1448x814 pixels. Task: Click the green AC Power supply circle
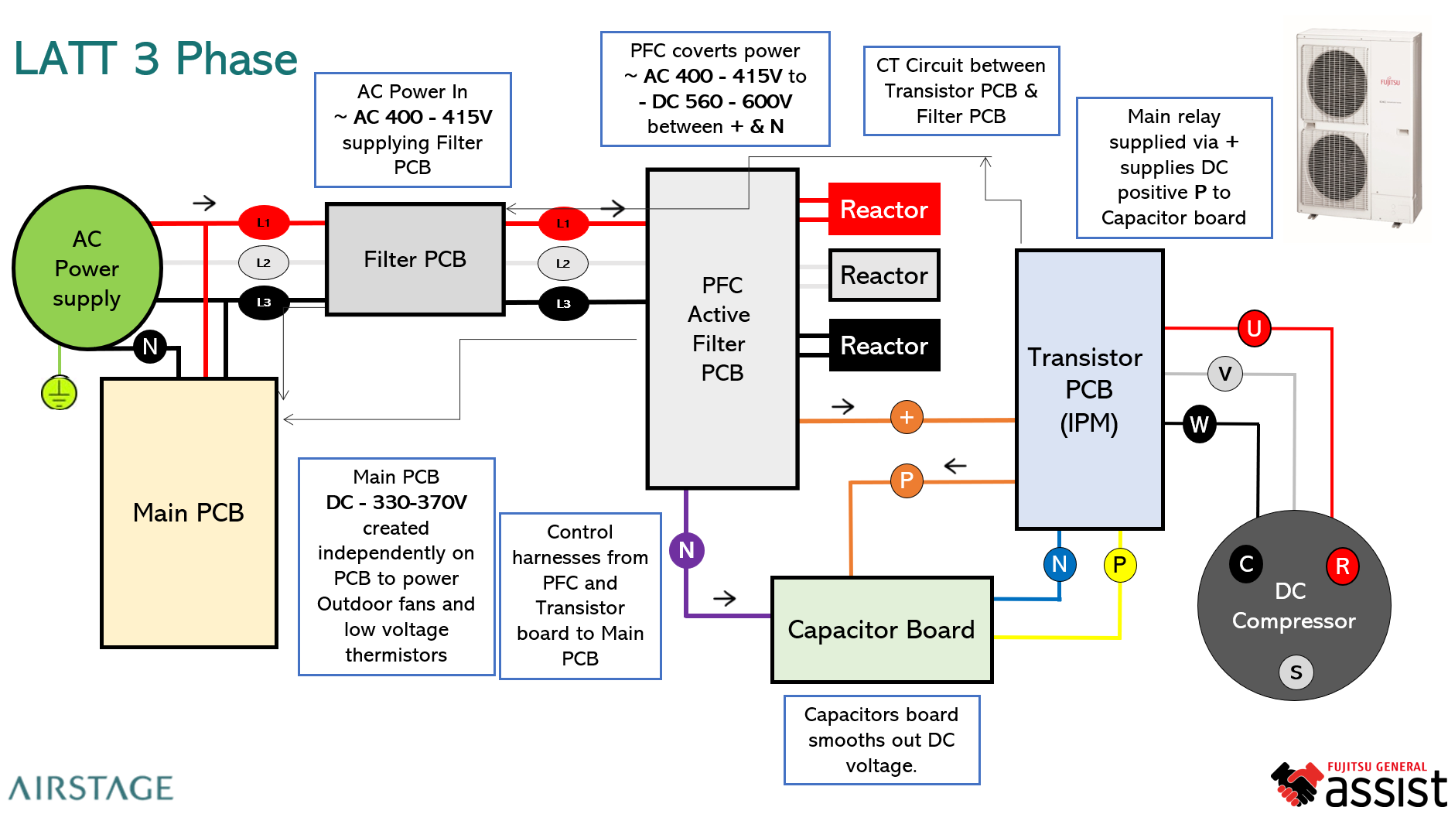coord(87,268)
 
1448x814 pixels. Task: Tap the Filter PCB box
coord(415,259)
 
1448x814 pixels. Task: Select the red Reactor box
coord(884,209)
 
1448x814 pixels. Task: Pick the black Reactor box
coord(884,345)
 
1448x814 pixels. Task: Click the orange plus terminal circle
coord(907,417)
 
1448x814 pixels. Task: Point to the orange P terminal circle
coord(907,481)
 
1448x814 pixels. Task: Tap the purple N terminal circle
coord(686,550)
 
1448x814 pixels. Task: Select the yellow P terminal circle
coord(1119,565)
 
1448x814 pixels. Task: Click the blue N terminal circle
coord(1059,564)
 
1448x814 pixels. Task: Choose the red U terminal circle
coord(1254,329)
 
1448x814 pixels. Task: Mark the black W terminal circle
coord(1199,424)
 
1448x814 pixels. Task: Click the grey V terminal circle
coord(1224,374)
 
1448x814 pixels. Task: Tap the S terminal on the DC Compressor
coord(1296,672)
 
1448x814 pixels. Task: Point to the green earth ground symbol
coord(59,393)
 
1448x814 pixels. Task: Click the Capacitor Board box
coord(882,630)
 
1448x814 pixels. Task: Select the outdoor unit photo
coord(1359,128)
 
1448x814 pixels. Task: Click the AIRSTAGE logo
coord(90,788)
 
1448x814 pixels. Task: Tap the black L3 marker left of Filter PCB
coord(264,303)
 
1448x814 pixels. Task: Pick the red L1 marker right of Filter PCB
coord(563,224)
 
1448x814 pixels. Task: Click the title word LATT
coord(66,59)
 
